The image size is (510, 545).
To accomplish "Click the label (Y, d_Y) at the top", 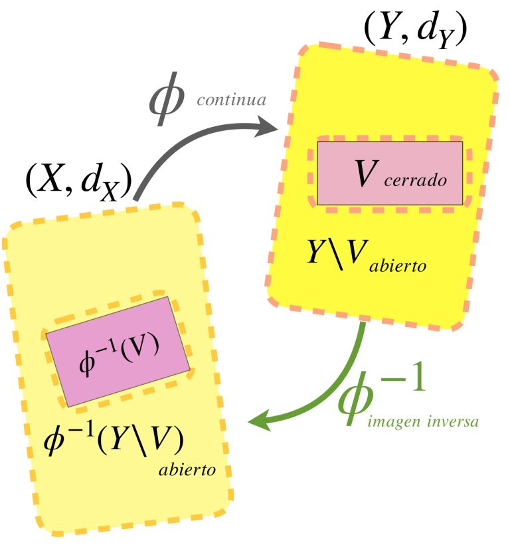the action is (415, 31).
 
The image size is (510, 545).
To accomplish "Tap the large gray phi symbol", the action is (167, 99).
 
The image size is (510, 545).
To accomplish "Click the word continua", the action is (232, 100).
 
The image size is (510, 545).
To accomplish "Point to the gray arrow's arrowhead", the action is (267, 127).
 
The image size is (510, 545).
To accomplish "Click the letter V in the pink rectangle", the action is (367, 173).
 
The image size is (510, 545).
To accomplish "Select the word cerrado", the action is (415, 180).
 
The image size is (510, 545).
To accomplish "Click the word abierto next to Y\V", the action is (398, 267).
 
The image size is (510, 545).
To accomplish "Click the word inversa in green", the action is (453, 421).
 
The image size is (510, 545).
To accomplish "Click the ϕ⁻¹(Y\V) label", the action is (113, 440).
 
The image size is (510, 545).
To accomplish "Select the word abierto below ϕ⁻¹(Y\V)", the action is (187, 470).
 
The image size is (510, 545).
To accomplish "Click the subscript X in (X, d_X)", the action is (110, 193).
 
